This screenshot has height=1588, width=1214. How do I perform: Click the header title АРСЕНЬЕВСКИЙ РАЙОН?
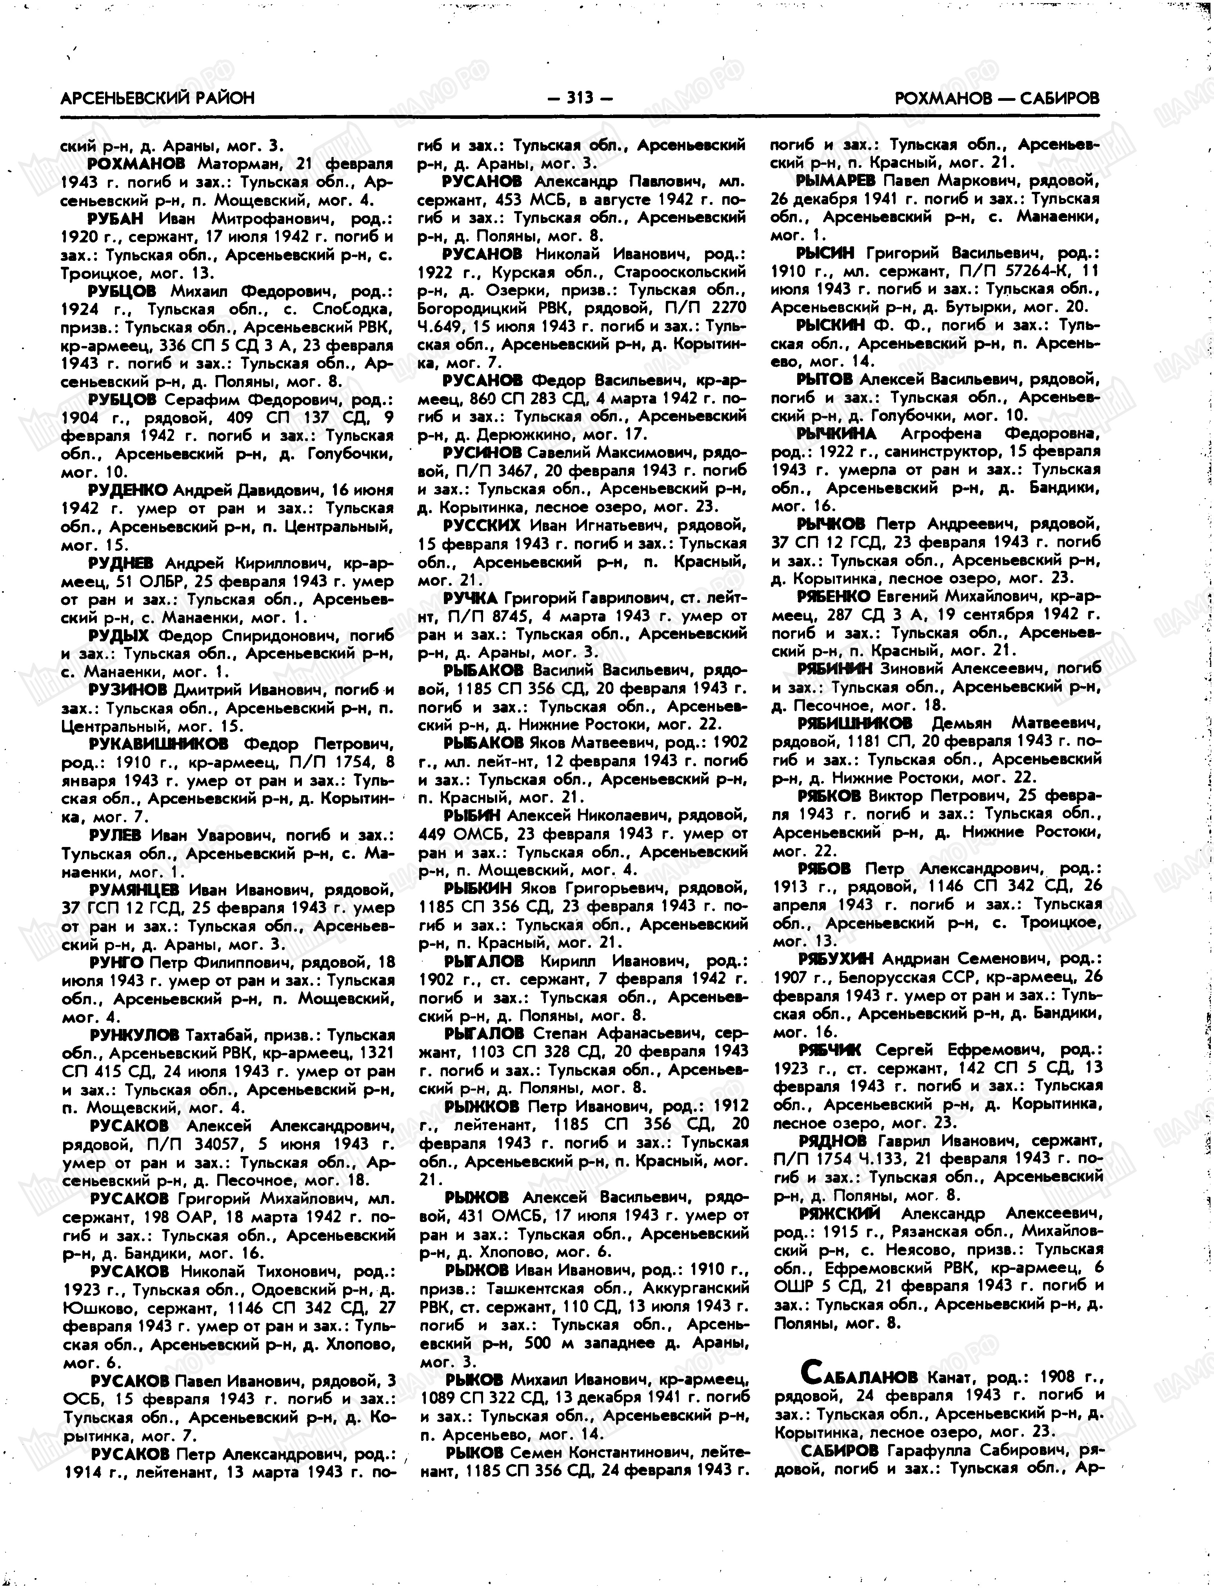click(x=158, y=98)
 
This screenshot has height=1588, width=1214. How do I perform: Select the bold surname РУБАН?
click(x=116, y=218)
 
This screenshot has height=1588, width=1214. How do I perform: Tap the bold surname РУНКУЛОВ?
click(x=134, y=1034)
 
